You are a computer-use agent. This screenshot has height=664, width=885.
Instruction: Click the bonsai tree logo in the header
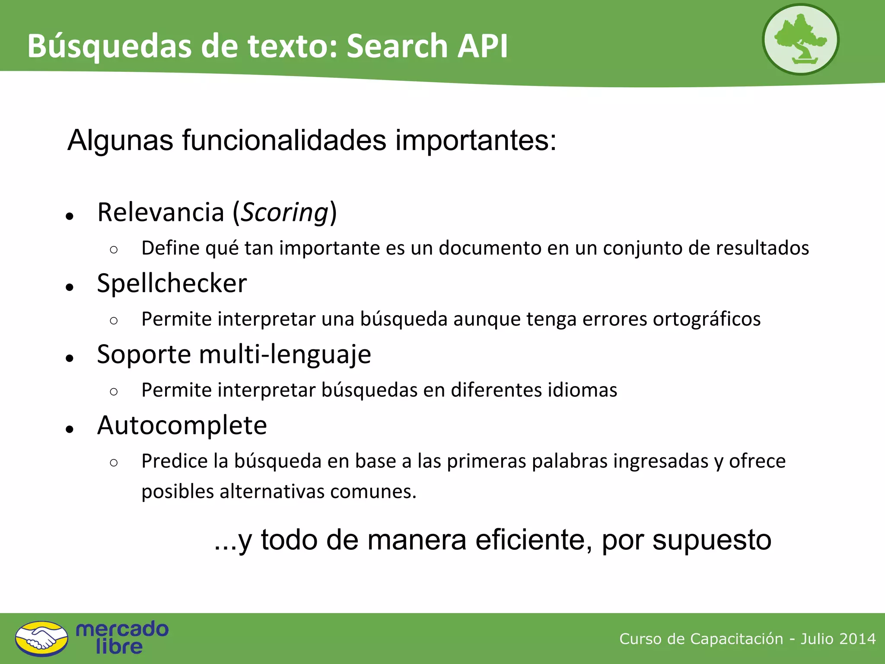800,40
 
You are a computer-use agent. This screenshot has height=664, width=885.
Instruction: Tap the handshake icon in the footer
41,638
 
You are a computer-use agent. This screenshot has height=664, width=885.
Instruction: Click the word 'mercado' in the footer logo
122,629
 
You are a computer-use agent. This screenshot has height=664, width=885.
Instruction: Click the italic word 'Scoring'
284,213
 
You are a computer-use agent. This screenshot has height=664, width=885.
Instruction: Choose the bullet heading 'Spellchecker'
172,284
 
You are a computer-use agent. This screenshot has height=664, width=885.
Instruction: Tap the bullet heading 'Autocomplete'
182,425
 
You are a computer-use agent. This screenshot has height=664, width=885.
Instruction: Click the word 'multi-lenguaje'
285,355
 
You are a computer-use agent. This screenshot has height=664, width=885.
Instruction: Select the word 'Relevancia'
161,213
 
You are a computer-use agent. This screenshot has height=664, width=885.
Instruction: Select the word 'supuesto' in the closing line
712,540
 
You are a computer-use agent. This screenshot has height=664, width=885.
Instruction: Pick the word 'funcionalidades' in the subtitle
284,140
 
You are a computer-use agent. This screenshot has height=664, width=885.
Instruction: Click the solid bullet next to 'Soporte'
70,358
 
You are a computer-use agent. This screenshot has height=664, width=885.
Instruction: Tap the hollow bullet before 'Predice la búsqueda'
114,463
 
